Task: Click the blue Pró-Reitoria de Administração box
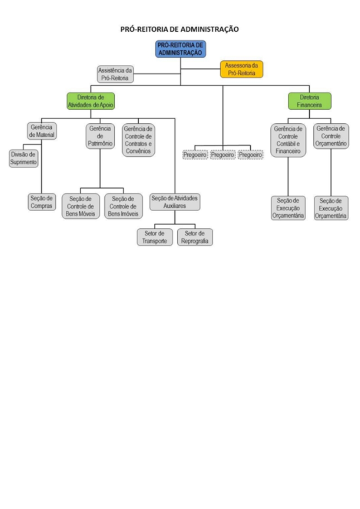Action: point(180,49)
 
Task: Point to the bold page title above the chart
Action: point(180,29)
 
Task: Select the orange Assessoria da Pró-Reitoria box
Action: point(242,69)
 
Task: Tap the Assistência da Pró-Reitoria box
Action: point(115,74)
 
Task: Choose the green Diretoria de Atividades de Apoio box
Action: point(91,101)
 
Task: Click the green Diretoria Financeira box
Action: point(310,101)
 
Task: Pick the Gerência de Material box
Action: point(42,131)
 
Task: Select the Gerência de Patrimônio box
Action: point(100,136)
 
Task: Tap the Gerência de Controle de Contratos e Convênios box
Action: point(138,140)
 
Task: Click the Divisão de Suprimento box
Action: point(23,159)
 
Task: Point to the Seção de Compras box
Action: point(42,202)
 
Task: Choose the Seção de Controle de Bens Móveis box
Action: point(81,206)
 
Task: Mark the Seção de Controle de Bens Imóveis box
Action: point(123,206)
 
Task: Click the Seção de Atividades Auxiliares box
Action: point(175,202)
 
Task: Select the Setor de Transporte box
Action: point(155,237)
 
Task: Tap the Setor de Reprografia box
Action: point(195,237)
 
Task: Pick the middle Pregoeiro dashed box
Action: point(223,155)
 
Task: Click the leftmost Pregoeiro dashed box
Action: point(195,155)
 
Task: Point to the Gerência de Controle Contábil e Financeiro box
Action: point(288,140)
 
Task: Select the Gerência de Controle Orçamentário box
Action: point(331,136)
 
